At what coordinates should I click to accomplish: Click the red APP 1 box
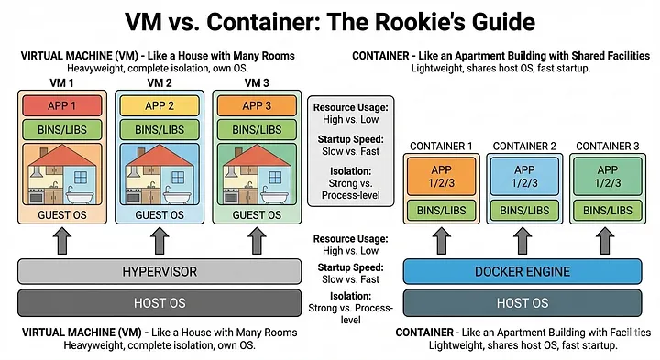point(62,105)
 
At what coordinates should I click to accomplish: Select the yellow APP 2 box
point(159,105)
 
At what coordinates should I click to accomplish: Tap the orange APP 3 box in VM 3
point(257,105)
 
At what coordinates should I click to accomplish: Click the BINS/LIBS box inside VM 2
point(159,129)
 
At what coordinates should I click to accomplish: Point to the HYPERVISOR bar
point(159,271)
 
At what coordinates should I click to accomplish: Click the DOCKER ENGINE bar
point(522,271)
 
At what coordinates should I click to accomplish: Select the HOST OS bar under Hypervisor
point(159,302)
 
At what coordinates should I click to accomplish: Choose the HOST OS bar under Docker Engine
point(522,302)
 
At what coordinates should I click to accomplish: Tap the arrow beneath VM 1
point(62,241)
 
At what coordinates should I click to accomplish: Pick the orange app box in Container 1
point(442,176)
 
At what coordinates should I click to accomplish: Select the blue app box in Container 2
point(522,176)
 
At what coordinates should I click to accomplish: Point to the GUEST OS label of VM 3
point(257,214)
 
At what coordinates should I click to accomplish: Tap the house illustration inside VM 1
point(62,174)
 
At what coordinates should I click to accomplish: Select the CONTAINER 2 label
point(522,147)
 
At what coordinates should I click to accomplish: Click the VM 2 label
point(159,83)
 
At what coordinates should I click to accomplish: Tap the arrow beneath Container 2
point(522,241)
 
